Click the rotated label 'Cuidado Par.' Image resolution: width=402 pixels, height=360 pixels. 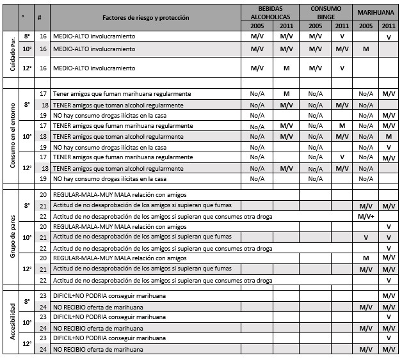click(10, 54)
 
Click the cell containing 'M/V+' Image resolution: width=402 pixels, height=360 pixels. click(367, 216)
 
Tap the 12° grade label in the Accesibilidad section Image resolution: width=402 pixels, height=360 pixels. click(27, 343)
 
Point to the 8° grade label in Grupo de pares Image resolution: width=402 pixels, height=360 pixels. click(27, 205)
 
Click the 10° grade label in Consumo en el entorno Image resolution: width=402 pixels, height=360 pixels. click(27, 136)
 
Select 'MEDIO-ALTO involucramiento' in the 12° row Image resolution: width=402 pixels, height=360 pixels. click(94, 68)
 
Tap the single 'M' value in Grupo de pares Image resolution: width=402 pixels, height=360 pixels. click(366, 258)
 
